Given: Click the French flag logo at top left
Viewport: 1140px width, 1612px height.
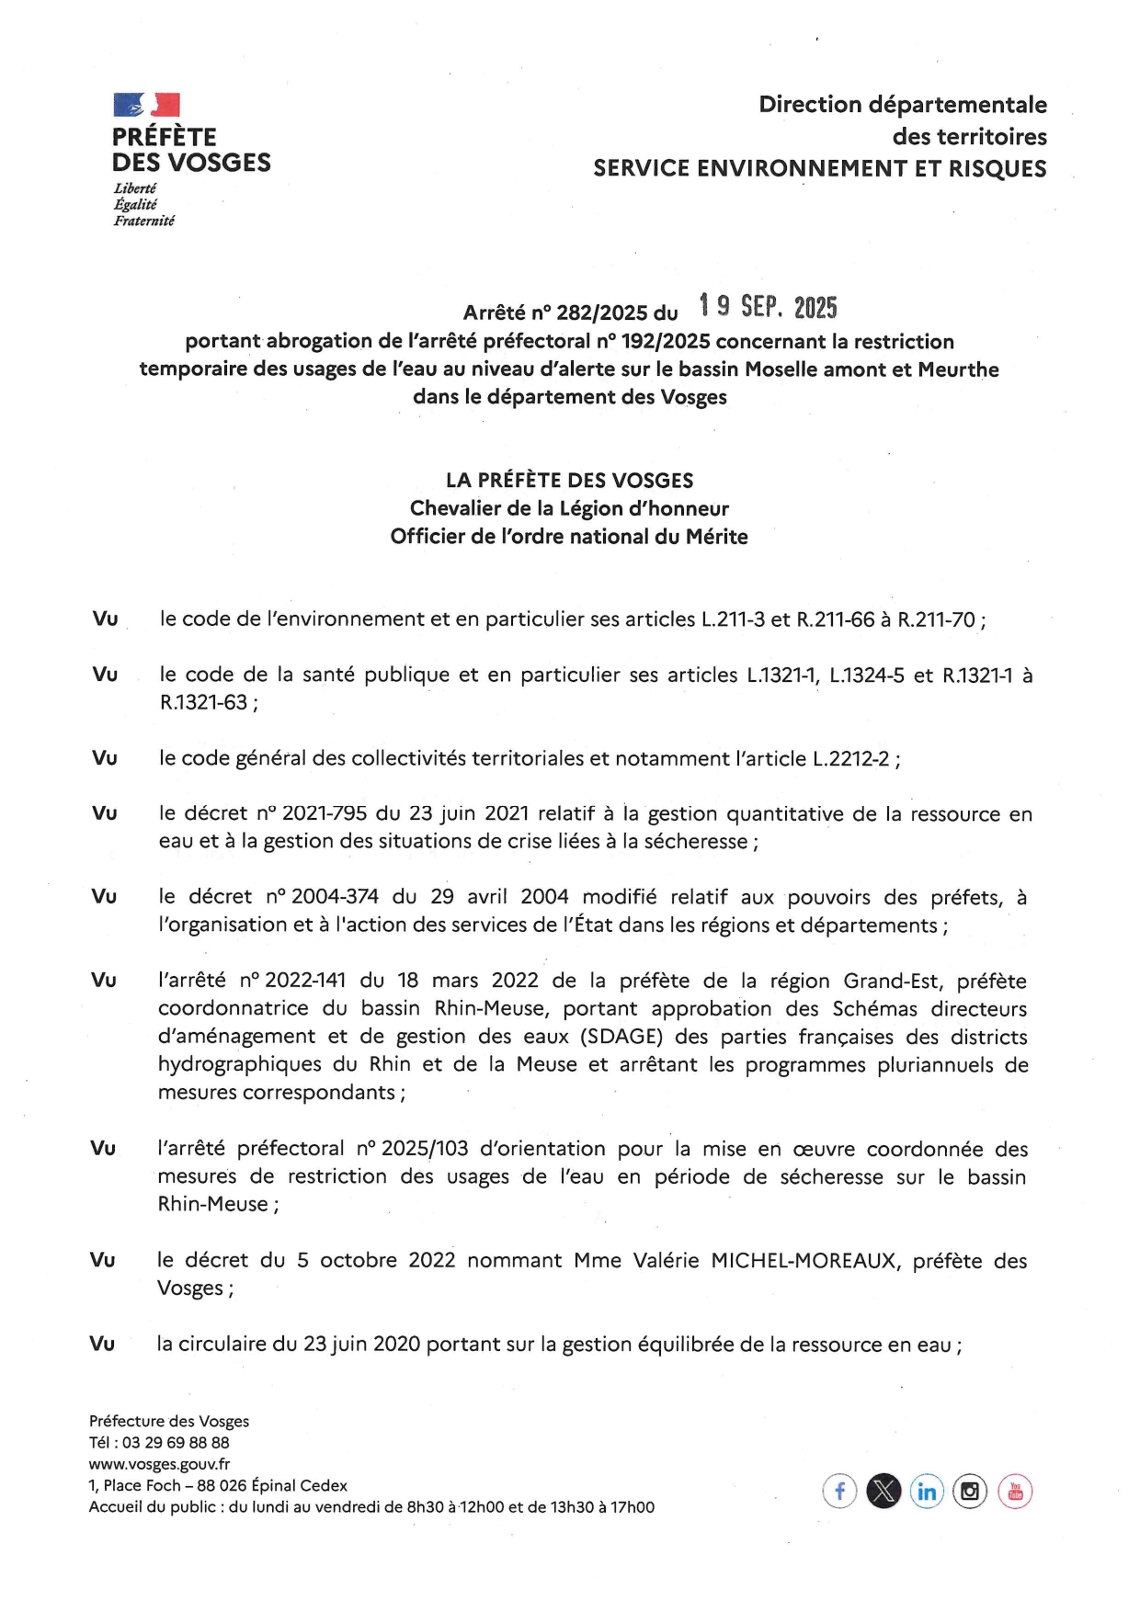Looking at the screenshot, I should click(x=146, y=104).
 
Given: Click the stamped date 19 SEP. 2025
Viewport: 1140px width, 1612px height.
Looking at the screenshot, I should click(x=768, y=306).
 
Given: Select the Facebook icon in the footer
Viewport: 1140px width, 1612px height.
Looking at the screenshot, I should click(x=839, y=1491).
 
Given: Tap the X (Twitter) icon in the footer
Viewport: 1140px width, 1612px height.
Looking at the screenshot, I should click(x=883, y=1491).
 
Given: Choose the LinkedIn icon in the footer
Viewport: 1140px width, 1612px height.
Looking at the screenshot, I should click(x=927, y=1491).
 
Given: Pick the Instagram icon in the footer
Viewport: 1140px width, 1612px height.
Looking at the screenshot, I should click(x=970, y=1491).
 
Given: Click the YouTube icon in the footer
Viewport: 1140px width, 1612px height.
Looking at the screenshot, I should click(x=1015, y=1491).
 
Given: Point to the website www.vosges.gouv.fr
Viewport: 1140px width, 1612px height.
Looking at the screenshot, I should click(x=159, y=1464).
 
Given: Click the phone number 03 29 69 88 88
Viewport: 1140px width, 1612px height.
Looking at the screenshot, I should click(x=176, y=1443).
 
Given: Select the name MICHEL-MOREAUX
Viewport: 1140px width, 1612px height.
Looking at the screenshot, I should click(x=803, y=1260).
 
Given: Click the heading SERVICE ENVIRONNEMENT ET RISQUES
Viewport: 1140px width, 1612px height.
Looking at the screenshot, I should click(x=819, y=168).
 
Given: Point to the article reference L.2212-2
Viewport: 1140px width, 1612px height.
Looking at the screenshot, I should click(x=850, y=758).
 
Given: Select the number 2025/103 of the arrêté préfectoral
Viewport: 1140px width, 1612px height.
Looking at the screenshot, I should click(x=425, y=1148).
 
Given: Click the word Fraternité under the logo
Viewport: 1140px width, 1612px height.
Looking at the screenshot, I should click(x=143, y=221).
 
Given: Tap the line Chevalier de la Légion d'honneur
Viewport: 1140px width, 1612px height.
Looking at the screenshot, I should click(x=569, y=508).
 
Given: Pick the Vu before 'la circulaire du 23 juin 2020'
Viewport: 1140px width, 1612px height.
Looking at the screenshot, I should click(x=102, y=1344).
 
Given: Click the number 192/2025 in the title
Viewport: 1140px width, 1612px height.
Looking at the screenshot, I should click(x=665, y=342).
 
